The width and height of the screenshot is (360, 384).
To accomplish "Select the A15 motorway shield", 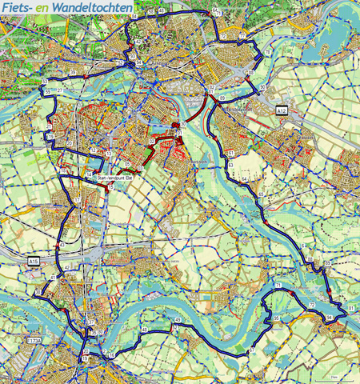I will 33,261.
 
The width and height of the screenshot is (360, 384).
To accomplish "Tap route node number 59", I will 49,94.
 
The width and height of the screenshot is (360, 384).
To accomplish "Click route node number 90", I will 262,86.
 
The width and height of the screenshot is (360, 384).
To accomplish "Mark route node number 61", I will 230,150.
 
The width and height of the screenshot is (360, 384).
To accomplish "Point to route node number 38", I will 37,293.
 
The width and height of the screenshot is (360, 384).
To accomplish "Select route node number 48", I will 145,330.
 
